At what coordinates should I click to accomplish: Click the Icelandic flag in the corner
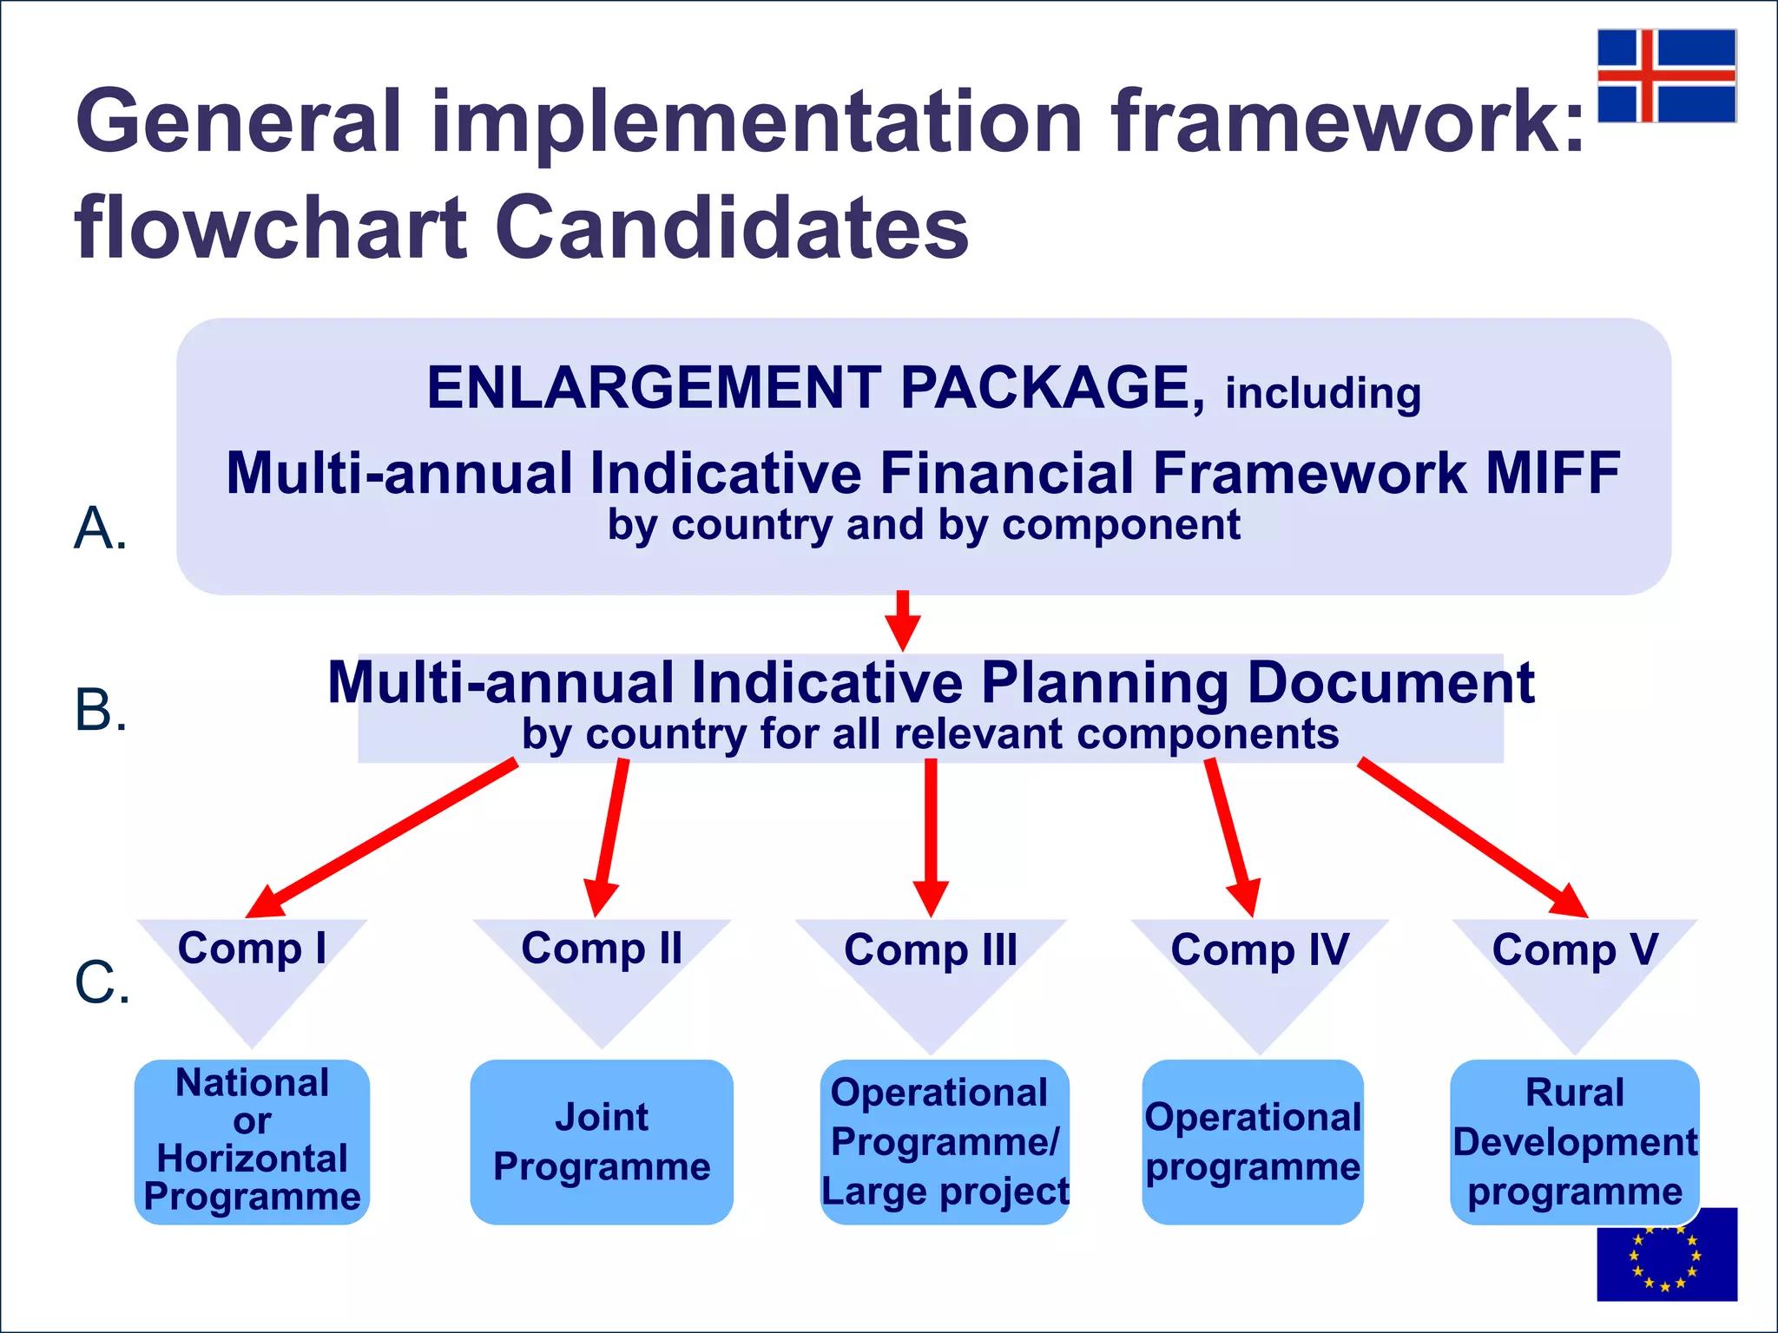pos(1666,76)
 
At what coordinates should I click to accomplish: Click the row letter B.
pos(101,710)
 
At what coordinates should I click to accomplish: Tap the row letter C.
pos(102,982)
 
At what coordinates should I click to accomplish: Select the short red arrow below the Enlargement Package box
pos(903,620)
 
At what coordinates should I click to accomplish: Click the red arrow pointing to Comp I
pos(382,838)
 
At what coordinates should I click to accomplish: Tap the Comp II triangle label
pos(602,949)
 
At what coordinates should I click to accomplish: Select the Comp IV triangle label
pos(1260,950)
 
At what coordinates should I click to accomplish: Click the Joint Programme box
pos(602,1141)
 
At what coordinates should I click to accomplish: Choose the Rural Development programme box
pos(1574,1141)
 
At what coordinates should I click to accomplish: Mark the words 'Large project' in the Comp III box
pos(945,1192)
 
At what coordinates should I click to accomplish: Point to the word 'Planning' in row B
pos(1104,683)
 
